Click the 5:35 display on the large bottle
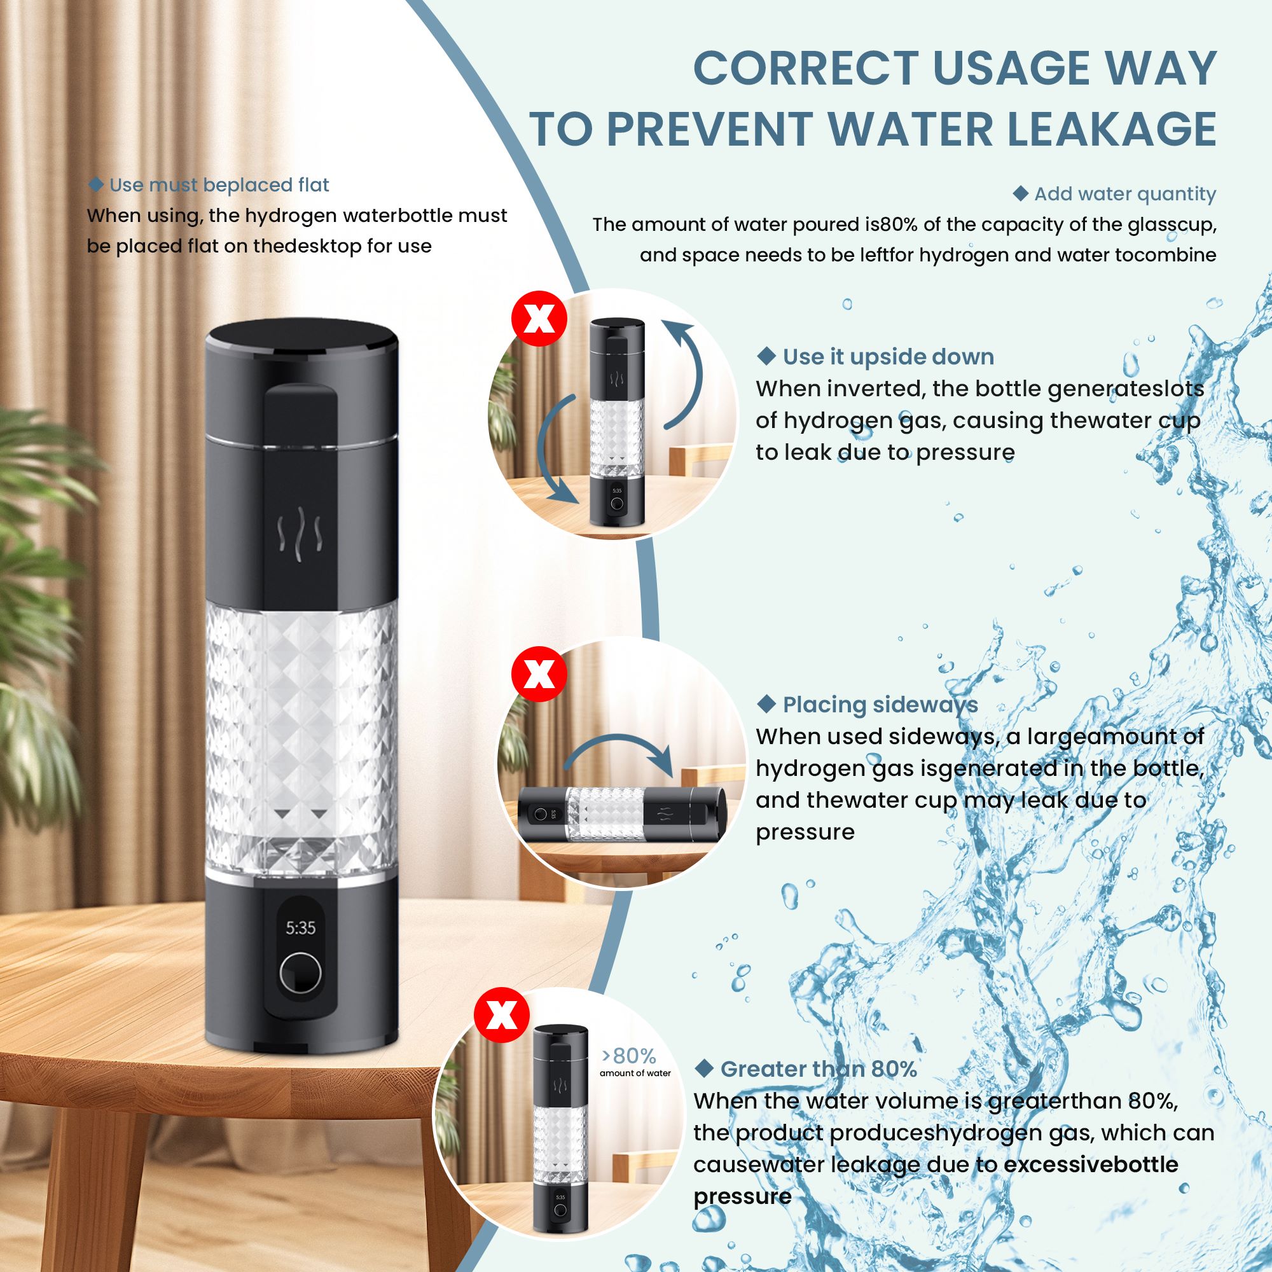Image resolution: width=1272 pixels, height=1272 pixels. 300,929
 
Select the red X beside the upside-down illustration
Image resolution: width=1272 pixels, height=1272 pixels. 539,319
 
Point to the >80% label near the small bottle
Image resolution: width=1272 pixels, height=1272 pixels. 629,1056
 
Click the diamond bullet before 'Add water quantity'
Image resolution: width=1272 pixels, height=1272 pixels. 1020,193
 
